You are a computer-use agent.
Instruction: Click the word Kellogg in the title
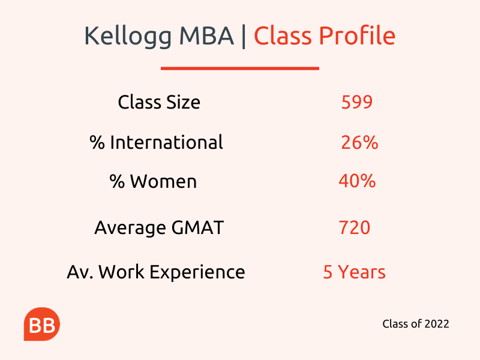[x=128, y=37]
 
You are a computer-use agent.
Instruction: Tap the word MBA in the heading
[x=206, y=35]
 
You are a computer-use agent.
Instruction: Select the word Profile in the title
[x=357, y=35]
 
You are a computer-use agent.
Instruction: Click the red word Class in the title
[x=283, y=35]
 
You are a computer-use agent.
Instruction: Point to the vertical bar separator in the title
[x=244, y=36]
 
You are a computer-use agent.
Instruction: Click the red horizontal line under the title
[x=240, y=68]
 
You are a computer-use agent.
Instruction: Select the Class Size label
[x=159, y=102]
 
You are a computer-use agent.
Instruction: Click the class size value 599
[x=357, y=102]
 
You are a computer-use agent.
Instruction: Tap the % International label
[x=157, y=142]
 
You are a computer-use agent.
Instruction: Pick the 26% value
[x=359, y=142]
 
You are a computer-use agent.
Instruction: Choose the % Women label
[x=153, y=181]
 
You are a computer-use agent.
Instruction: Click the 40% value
[x=357, y=181]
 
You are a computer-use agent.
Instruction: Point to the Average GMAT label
[x=159, y=228]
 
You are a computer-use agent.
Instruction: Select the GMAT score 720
[x=355, y=227]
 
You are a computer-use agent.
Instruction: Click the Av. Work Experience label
[x=156, y=272]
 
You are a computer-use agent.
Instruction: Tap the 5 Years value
[x=354, y=272]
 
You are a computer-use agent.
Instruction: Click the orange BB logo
[x=42, y=324]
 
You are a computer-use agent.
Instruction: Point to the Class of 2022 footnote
[x=416, y=323]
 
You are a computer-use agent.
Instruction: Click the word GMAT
[x=197, y=227]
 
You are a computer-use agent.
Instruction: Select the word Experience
[x=197, y=272]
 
